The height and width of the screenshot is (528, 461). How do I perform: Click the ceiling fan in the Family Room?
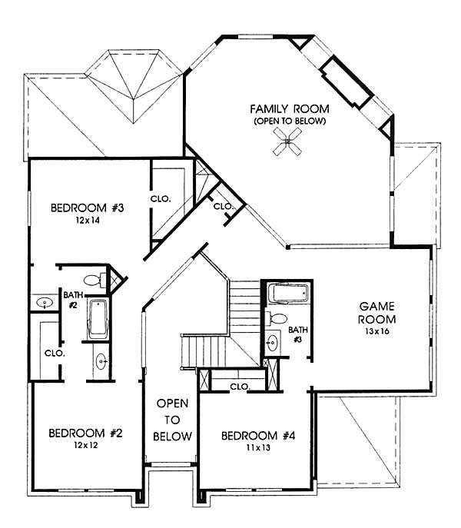(x=287, y=141)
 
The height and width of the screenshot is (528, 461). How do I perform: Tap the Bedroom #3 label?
(x=88, y=208)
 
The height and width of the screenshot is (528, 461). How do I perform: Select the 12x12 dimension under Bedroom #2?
(x=86, y=445)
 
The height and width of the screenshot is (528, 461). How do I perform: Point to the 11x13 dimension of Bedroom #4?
(x=258, y=447)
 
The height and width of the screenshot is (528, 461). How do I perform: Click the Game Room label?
(x=376, y=313)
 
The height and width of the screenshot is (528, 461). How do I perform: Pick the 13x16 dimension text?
(x=376, y=331)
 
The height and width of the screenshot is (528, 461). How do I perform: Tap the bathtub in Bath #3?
(x=290, y=294)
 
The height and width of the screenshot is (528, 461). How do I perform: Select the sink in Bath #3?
(x=272, y=343)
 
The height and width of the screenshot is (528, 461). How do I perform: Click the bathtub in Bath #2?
(x=98, y=318)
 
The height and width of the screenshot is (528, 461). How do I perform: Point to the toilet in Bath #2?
(x=95, y=281)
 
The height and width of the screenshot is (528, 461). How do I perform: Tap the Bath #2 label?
(x=73, y=300)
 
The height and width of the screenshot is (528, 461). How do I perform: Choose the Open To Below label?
(x=172, y=420)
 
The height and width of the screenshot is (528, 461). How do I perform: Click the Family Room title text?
(x=290, y=109)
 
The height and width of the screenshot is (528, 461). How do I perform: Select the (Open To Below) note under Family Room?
(x=290, y=121)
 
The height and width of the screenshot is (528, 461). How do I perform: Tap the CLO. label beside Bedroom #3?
(x=161, y=199)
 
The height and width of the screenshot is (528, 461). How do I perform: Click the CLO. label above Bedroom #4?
(x=240, y=387)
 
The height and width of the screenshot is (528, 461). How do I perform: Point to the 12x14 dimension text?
(x=88, y=221)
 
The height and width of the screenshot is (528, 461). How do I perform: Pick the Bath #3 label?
(x=298, y=334)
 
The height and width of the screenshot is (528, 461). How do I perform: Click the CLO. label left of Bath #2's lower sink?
(x=55, y=354)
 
